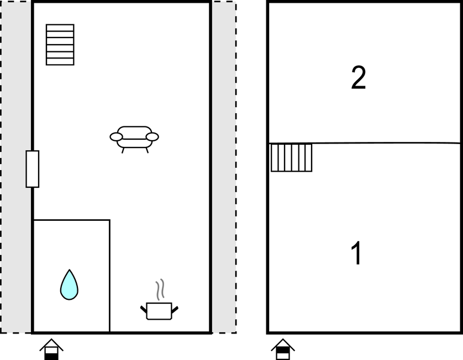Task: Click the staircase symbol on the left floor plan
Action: [60, 45]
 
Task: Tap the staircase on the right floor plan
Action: [291, 157]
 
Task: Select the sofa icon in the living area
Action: [134, 139]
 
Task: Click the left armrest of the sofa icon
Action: [116, 137]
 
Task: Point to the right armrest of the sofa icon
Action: [152, 137]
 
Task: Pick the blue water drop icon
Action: [69, 285]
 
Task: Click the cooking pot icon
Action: [159, 311]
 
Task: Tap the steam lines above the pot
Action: [160, 289]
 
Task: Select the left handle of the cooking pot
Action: [144, 309]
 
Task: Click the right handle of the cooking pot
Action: [175, 310]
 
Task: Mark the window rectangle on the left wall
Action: [33, 169]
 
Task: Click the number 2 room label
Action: [359, 77]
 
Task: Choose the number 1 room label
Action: [356, 253]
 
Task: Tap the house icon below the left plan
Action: [51, 350]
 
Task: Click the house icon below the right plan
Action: [283, 350]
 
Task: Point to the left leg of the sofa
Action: [123, 151]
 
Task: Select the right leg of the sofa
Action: [147, 151]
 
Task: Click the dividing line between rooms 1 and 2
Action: [364, 143]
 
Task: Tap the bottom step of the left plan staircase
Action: [60, 62]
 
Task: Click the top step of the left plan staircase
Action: [60, 28]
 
